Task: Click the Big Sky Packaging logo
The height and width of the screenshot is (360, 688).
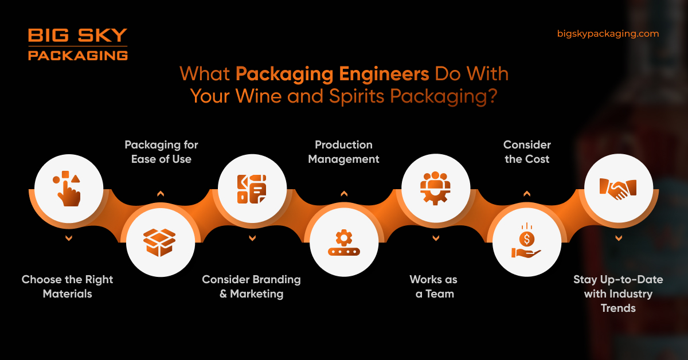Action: (x=77, y=45)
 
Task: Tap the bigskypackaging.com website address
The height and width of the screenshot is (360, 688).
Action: (x=608, y=34)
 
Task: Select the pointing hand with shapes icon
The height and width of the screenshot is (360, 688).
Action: (x=69, y=188)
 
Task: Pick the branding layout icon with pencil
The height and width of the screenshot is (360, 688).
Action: (x=252, y=188)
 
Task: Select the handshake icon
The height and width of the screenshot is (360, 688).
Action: (x=618, y=188)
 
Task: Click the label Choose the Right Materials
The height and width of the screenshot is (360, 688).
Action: (x=68, y=287)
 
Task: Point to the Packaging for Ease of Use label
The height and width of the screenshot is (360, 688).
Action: (x=161, y=152)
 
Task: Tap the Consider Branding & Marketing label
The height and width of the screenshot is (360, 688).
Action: (x=251, y=287)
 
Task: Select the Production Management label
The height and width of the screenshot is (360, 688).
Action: (x=343, y=152)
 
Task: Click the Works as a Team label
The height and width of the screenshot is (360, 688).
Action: (x=433, y=287)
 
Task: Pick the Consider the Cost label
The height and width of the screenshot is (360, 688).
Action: (x=527, y=152)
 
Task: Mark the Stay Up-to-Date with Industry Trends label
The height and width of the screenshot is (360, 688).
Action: (x=618, y=294)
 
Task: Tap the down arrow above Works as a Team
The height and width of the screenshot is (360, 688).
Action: (x=436, y=238)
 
